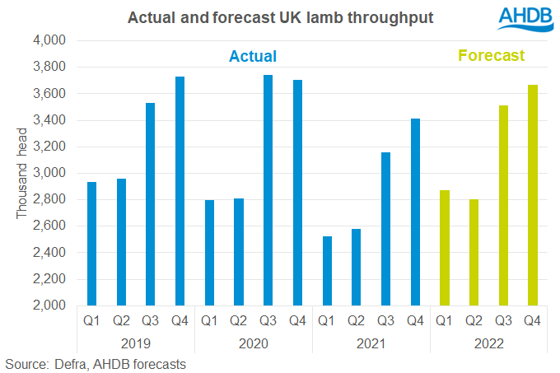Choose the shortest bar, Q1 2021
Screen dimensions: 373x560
(327, 271)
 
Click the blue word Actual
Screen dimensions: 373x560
(252, 56)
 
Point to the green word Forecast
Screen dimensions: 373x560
(491, 56)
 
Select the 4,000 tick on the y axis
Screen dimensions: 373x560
(51, 40)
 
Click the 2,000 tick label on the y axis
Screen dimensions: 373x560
(51, 305)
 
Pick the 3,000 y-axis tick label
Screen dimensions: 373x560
(51, 173)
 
